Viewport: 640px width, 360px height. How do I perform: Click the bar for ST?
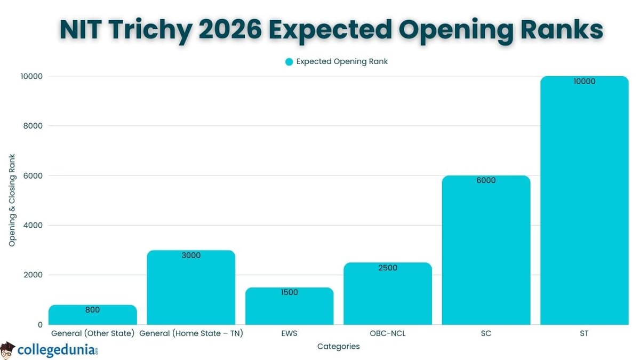pyautogui.click(x=584, y=203)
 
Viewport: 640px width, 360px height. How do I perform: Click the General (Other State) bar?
pyautogui.click(x=92, y=316)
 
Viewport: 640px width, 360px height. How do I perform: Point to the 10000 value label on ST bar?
pyautogui.click(x=584, y=82)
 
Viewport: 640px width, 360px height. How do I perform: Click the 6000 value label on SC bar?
pyautogui.click(x=486, y=180)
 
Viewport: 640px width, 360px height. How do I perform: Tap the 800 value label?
pyautogui.click(x=92, y=310)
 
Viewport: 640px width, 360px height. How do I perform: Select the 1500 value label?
pyautogui.click(x=289, y=292)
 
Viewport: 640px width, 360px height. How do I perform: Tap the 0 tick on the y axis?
pyautogui.click(x=40, y=324)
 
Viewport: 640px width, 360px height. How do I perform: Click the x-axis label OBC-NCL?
pyautogui.click(x=388, y=334)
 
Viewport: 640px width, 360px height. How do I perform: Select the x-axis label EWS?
pyautogui.click(x=289, y=334)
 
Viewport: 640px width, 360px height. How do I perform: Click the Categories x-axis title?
pyautogui.click(x=338, y=347)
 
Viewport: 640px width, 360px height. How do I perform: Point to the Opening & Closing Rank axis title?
pyautogui.click(x=12, y=200)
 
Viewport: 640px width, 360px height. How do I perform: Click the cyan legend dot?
pyautogui.click(x=289, y=62)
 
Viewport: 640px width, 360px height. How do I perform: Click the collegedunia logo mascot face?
pyautogui.click(x=7, y=350)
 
